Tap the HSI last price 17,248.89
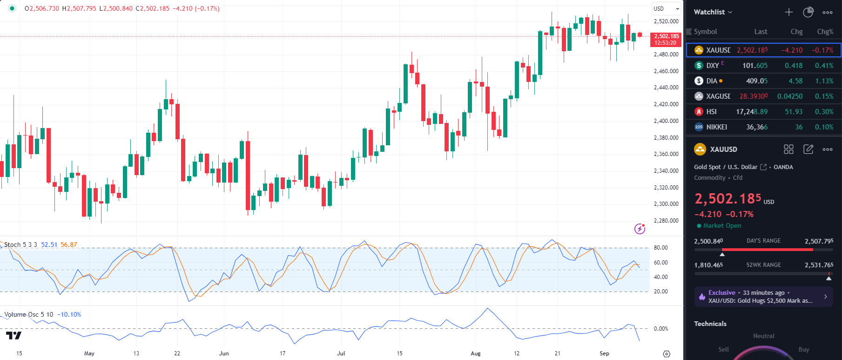pos(752,112)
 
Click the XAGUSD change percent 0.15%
pos(824,96)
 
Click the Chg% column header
pos(825,32)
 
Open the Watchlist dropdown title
pos(713,12)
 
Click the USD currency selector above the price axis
pos(666,8)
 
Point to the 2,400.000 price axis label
pos(666,121)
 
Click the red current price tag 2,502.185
pos(666,39)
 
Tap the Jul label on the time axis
pos(341,353)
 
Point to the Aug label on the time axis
pos(475,353)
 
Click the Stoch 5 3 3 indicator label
pos(20,245)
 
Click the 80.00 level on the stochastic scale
pos(660,248)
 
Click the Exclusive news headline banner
pos(763,297)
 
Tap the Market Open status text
pos(722,226)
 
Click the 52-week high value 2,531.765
pos(819,265)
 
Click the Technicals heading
pos(710,324)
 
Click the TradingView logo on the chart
pos(13,335)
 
